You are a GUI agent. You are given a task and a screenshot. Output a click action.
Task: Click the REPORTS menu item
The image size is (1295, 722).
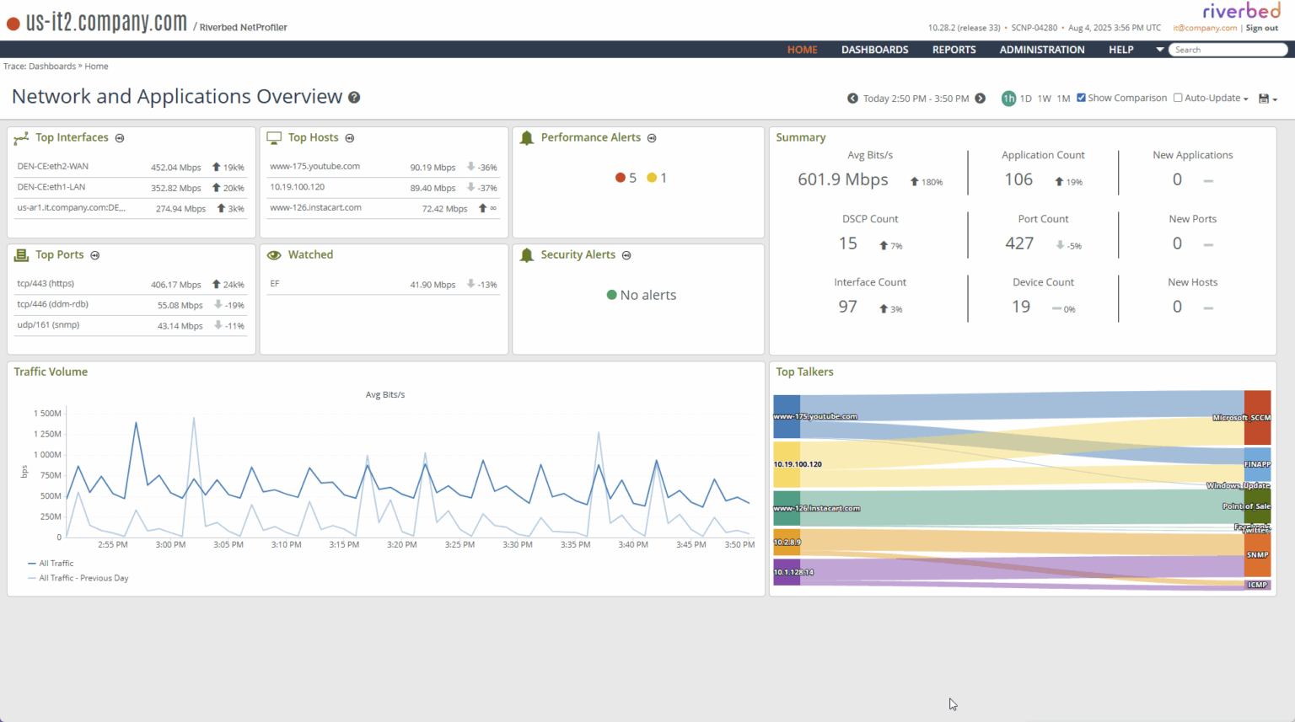click(x=954, y=50)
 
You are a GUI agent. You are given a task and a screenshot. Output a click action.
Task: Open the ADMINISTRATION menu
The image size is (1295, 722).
click(x=1042, y=50)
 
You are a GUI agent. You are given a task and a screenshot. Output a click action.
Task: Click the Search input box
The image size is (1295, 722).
click(x=1228, y=50)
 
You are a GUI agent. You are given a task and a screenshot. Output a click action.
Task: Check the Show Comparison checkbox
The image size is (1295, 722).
click(x=1081, y=98)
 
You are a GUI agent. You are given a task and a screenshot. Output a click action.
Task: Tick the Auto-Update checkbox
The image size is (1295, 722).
click(x=1178, y=98)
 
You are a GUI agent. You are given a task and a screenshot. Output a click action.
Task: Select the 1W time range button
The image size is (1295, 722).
click(x=1044, y=99)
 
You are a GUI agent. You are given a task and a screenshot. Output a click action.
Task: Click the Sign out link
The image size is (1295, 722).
click(x=1261, y=28)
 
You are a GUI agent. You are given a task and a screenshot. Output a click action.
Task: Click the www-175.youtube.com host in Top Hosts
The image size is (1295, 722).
click(x=314, y=167)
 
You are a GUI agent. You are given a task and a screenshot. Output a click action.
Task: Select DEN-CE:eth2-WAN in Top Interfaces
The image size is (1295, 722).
click(x=52, y=167)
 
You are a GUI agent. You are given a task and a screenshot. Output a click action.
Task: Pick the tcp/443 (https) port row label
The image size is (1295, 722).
click(x=46, y=284)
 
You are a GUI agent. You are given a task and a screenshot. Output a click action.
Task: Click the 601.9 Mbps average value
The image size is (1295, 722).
click(x=842, y=179)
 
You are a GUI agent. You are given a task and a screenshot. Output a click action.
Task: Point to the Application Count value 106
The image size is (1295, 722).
click(x=1018, y=179)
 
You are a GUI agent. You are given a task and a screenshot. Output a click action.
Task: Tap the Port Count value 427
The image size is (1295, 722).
click(x=1019, y=243)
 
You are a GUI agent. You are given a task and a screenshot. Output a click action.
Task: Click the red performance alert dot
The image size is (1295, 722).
click(x=621, y=178)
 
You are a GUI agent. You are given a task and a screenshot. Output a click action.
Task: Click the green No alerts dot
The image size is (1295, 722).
click(x=612, y=295)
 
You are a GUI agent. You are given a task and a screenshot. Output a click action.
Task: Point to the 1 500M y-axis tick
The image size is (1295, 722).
click(x=47, y=414)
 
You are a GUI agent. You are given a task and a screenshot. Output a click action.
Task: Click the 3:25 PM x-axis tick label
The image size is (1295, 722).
click(x=459, y=545)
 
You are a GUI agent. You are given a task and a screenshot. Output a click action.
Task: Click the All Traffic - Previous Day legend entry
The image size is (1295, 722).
click(x=83, y=578)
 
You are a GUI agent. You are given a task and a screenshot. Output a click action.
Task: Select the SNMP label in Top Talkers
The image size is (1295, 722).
click(x=1257, y=555)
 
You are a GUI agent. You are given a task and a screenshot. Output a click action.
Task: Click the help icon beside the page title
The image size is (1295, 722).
click(x=354, y=98)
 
